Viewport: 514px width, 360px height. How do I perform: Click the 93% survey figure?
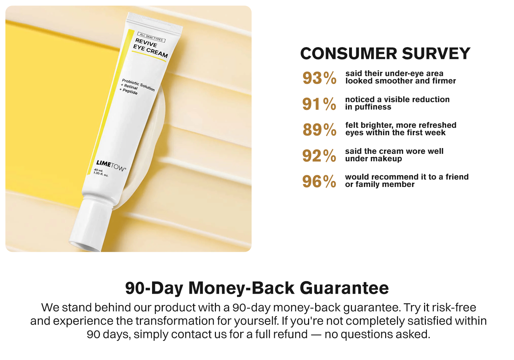coord(319,78)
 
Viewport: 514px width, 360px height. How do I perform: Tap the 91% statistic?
coord(319,104)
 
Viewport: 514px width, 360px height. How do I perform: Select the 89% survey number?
coord(319,130)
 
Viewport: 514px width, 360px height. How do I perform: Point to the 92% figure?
coord(319,156)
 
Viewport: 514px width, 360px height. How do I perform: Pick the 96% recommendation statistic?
coord(319,181)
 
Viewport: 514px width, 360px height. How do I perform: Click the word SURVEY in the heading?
coord(436,54)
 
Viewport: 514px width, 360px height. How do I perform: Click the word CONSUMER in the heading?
coord(348,54)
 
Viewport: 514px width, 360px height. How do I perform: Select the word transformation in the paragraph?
coord(175,321)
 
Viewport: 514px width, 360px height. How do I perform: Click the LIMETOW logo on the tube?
coord(111,166)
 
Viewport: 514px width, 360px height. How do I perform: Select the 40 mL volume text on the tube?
coord(99,171)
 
